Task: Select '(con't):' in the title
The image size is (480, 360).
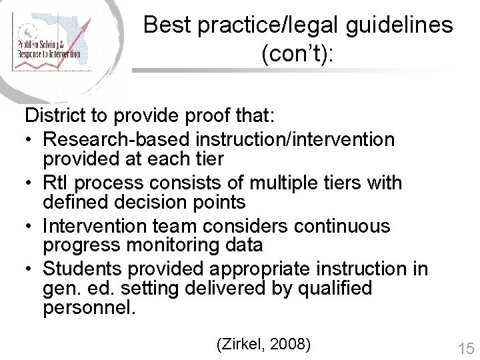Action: (x=298, y=54)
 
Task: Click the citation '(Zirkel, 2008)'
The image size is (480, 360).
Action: (x=264, y=345)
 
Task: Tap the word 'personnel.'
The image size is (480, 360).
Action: (x=88, y=308)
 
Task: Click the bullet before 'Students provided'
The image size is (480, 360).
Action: (x=31, y=269)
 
